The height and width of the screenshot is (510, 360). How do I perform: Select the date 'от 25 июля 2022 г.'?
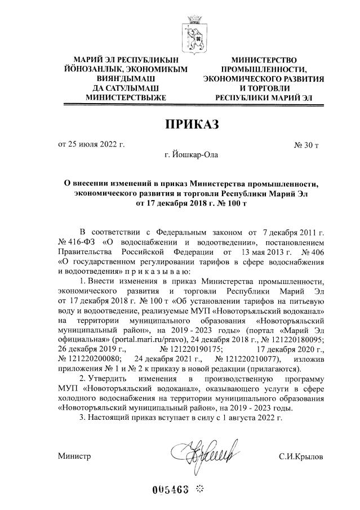point(91,145)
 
